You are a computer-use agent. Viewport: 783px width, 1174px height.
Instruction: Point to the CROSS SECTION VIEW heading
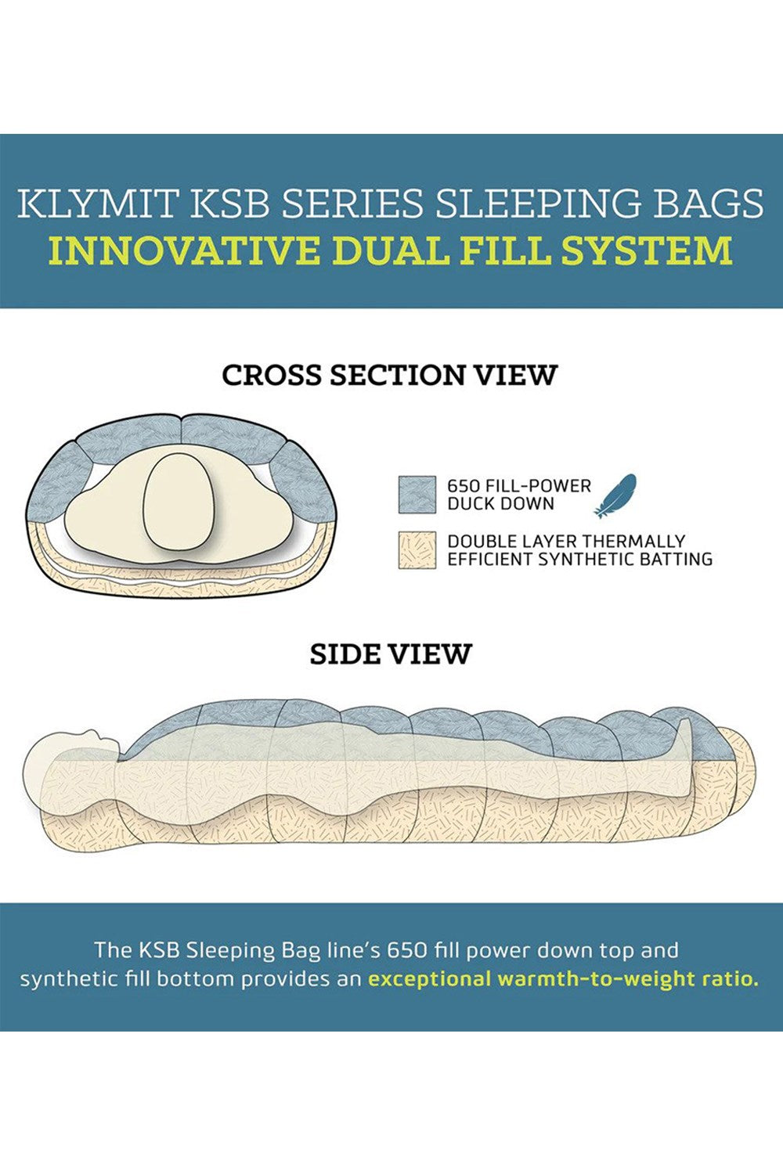pyautogui.click(x=388, y=375)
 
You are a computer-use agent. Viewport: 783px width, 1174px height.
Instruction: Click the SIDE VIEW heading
pyautogui.click(x=391, y=654)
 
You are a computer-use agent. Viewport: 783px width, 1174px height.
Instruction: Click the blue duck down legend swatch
pyautogui.click(x=417, y=494)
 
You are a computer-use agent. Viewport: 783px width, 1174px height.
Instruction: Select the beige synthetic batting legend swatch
pyautogui.click(x=417, y=550)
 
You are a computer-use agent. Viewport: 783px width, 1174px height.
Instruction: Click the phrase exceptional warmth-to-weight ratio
pyautogui.click(x=563, y=978)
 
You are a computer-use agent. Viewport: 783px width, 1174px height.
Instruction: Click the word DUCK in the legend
pyautogui.click(x=471, y=504)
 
